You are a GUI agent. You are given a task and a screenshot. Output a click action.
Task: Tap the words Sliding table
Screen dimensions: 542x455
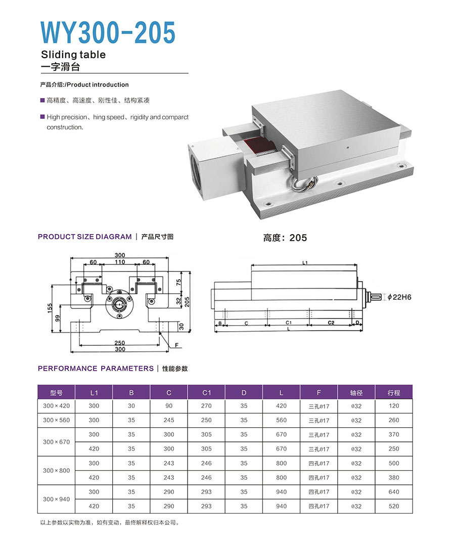[x=73, y=55]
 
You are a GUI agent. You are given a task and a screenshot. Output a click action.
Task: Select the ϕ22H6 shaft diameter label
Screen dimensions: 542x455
[x=399, y=297]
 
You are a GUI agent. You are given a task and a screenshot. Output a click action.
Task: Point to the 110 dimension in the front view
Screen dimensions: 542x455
[x=119, y=262]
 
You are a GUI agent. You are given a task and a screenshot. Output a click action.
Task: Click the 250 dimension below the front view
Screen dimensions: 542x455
[x=119, y=342]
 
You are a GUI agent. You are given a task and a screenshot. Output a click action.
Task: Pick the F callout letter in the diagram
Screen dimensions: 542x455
[x=177, y=345]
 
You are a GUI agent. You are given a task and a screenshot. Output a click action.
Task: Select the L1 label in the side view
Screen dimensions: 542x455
[x=305, y=263]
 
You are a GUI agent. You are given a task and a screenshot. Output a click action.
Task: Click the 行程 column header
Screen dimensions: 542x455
[x=393, y=392]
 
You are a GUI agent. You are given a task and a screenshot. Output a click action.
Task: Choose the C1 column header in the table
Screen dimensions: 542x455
[x=206, y=392]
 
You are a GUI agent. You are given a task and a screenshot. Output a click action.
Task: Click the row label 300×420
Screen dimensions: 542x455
[x=56, y=406]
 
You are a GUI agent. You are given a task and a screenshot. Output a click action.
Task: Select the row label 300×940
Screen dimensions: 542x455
[x=56, y=499]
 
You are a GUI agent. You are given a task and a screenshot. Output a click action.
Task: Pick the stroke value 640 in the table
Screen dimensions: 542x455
[x=393, y=492]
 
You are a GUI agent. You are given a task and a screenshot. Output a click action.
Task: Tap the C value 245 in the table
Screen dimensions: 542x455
[x=169, y=420]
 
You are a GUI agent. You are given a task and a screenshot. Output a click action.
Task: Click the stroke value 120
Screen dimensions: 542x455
[x=393, y=406]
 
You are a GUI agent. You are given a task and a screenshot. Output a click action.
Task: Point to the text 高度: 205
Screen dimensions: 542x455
[x=285, y=238]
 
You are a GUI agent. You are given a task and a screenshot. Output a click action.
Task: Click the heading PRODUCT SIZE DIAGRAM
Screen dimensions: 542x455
[x=84, y=237]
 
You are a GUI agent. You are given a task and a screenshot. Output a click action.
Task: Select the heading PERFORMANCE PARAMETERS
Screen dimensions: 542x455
[x=96, y=369]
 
